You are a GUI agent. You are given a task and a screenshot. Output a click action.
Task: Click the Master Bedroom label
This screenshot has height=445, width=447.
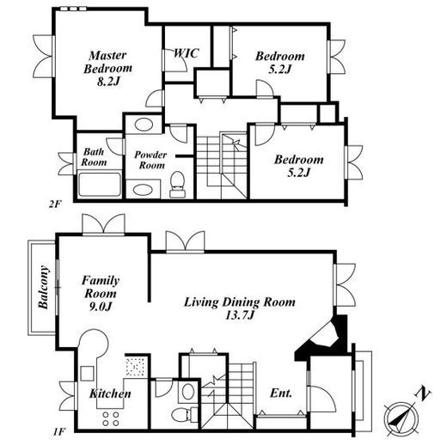point(108,69)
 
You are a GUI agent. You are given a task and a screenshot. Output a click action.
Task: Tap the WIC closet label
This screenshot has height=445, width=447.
point(187,53)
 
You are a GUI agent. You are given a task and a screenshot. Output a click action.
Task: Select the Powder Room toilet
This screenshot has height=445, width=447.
point(177,185)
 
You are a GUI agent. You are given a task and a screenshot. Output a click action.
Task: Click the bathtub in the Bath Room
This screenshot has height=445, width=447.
point(100,185)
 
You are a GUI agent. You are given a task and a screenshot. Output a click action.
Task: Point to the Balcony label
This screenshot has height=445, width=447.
point(43,287)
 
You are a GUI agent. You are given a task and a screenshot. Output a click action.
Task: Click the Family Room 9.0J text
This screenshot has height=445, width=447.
point(101,293)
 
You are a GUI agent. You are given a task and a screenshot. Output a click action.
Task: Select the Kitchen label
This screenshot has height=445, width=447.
point(110,393)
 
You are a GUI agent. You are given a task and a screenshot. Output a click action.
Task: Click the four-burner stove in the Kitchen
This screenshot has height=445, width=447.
point(111,418)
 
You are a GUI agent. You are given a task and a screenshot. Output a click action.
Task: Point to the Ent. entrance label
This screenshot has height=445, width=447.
point(281,393)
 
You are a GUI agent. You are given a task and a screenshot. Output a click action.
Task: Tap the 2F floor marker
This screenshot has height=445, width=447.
point(55,204)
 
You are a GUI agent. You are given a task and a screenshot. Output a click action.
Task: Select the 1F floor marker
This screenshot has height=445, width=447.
point(58,431)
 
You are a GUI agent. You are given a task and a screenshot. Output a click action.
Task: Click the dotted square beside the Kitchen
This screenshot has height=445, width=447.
point(137,366)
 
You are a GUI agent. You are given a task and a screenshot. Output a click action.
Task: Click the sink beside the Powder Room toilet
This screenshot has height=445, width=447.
point(144,190)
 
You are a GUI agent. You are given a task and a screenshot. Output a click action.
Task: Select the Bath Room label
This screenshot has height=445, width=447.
point(94,157)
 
